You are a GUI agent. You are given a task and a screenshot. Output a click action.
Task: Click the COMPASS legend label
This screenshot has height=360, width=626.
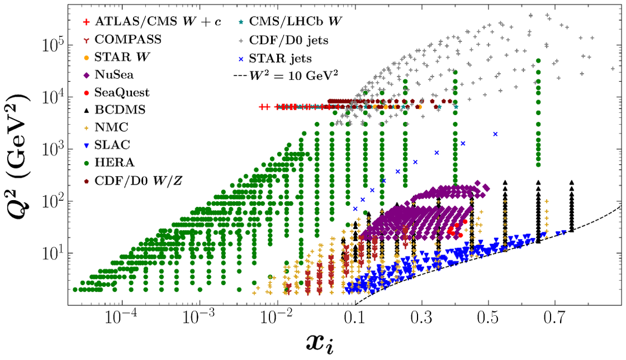(x=128, y=39)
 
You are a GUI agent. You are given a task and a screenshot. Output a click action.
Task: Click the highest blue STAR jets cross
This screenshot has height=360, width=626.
(x=495, y=134)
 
